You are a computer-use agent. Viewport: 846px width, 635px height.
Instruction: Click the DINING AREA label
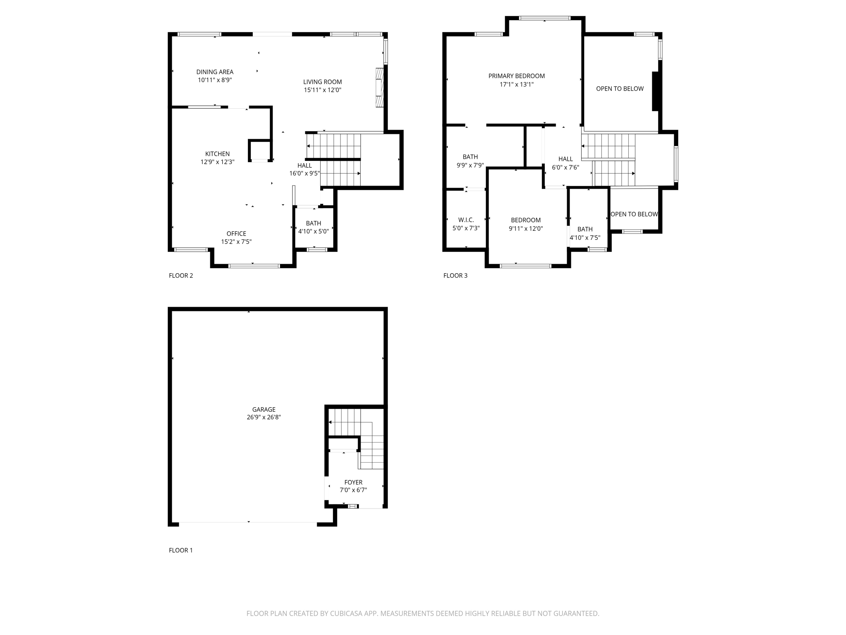point(215,72)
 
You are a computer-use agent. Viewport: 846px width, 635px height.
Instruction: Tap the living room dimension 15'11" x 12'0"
point(323,90)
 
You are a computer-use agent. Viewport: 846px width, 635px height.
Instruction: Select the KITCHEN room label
point(217,154)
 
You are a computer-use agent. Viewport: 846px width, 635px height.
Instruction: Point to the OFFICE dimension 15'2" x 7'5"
point(236,242)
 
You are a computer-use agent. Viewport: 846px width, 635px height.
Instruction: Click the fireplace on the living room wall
point(379,88)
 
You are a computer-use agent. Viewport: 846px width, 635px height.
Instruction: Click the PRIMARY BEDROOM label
point(516,76)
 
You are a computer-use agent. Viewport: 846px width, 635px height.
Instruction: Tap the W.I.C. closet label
point(466,220)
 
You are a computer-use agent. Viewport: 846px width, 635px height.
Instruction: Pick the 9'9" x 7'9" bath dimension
point(470,165)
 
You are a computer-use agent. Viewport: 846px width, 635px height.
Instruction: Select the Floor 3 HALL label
point(566,159)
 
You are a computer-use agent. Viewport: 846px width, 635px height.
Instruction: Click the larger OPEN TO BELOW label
point(620,88)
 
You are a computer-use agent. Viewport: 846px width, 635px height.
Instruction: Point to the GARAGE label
point(264,410)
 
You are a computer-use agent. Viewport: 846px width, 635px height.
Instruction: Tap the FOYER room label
point(353,482)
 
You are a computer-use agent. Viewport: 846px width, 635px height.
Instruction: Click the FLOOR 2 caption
point(181,276)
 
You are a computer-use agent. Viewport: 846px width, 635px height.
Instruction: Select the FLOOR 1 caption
point(181,550)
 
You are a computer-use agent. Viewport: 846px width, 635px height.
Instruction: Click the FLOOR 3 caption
point(455,276)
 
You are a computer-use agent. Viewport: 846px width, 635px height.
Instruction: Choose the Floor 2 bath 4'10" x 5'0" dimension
point(314,232)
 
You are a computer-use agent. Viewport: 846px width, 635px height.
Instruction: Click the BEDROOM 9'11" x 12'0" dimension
point(525,229)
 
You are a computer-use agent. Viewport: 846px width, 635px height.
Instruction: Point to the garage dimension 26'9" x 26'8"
point(264,418)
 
